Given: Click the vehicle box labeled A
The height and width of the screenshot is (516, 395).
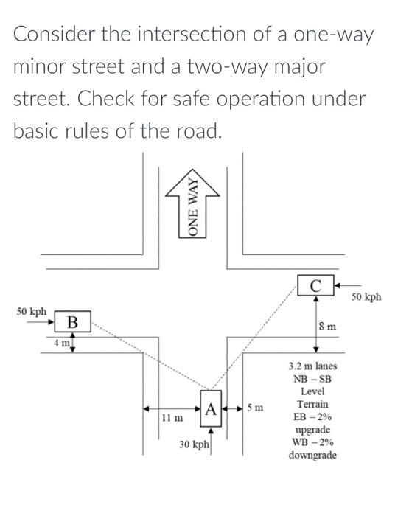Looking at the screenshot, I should tap(210, 407).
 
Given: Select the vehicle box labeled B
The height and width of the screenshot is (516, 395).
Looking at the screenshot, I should tap(72, 322).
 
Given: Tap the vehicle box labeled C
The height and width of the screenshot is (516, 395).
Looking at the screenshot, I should tap(315, 285).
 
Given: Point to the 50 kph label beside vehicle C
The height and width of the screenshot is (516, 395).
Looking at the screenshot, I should tap(366, 297).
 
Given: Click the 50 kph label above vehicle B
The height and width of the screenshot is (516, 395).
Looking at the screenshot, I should tap(32, 312).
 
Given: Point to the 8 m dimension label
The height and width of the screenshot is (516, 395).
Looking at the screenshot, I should tap(328, 325).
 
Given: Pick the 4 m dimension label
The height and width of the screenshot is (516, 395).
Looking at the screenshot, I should tap(60, 344).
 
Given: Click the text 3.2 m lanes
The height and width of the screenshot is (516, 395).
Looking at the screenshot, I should tap(312, 366).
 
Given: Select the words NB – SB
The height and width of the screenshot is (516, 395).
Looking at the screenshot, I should tap(312, 379).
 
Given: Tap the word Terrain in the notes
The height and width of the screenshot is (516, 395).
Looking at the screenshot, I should tap(312, 405).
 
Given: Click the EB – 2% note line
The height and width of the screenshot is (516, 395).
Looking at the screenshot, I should tap(312, 417).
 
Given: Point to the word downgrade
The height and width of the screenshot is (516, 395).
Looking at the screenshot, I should tap(312, 455).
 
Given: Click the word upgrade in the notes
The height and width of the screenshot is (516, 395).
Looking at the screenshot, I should tap(312, 430).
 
